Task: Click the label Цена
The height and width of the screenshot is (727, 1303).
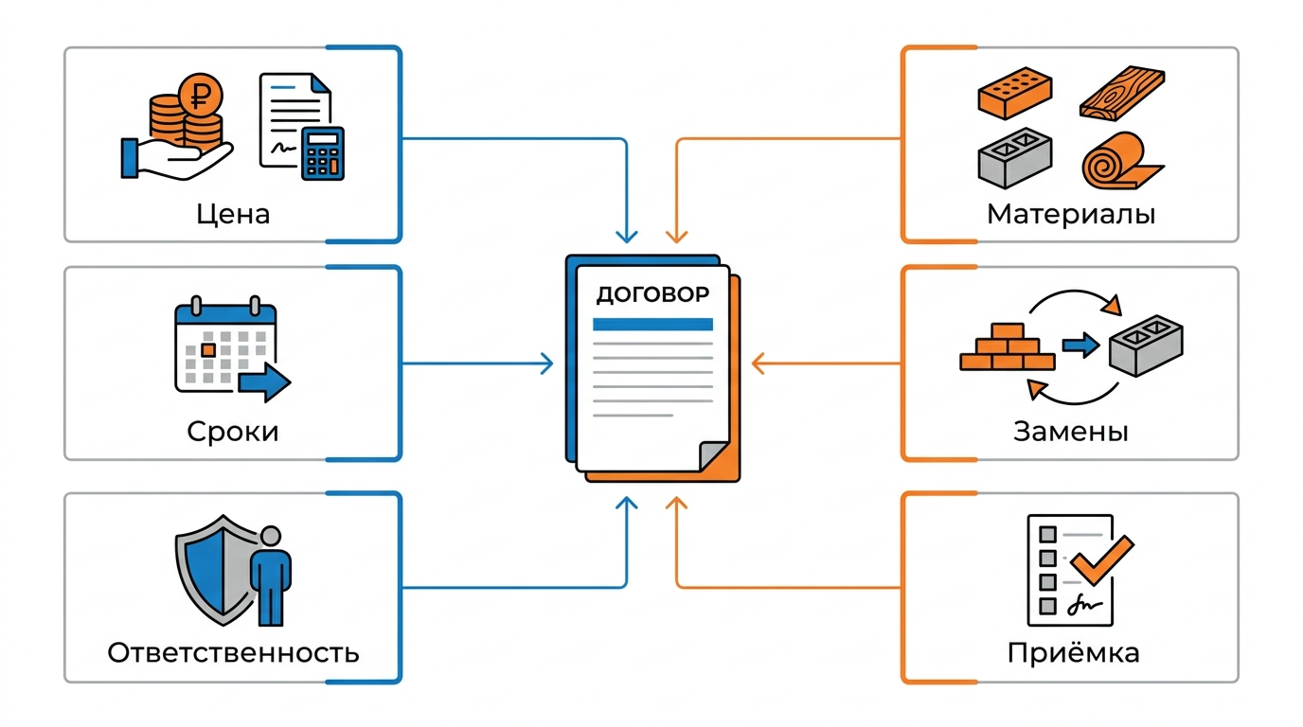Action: (233, 214)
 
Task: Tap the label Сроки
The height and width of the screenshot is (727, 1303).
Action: (233, 432)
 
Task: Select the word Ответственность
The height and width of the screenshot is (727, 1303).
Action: (233, 652)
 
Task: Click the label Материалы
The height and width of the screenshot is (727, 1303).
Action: (1071, 214)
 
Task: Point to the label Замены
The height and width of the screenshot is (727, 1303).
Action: (1071, 432)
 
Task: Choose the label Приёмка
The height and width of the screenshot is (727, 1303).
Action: (1073, 652)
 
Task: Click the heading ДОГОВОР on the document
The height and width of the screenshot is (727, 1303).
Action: (652, 295)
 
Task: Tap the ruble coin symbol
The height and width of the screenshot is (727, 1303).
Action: (200, 96)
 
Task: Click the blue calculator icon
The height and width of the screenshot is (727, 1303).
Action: (323, 153)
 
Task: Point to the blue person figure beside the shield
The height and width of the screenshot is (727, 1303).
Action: (271, 576)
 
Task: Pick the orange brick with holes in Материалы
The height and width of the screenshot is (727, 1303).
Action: (1015, 93)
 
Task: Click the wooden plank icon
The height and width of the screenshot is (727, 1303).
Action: (1123, 94)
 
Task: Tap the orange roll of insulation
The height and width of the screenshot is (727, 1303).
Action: (1119, 161)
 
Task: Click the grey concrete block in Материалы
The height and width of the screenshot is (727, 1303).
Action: (1015, 158)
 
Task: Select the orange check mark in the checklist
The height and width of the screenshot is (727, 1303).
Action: (1102, 559)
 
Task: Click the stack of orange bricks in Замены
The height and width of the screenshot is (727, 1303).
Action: (1007, 346)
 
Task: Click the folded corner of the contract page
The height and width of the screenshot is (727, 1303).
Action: (714, 455)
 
